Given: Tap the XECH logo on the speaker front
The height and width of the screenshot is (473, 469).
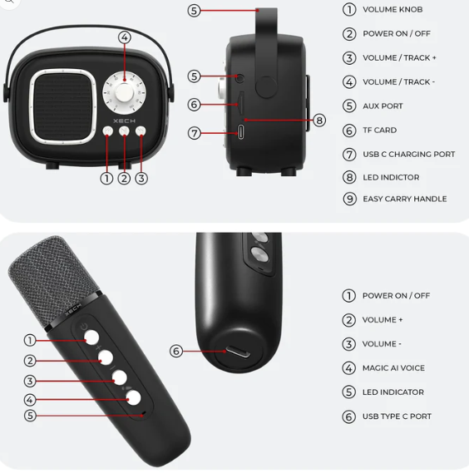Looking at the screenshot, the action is (x=125, y=121).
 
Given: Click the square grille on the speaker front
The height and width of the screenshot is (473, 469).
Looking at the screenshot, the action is (x=63, y=106).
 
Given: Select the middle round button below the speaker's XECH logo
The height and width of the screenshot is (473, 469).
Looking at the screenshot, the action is (x=124, y=131).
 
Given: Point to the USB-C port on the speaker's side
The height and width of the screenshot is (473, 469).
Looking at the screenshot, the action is (x=240, y=132).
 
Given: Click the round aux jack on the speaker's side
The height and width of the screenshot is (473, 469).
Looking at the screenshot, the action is (x=239, y=78).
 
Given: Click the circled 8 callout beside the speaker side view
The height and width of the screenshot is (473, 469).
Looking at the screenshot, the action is (x=319, y=121).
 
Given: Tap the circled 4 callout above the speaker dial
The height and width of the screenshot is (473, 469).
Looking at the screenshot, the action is (x=125, y=37).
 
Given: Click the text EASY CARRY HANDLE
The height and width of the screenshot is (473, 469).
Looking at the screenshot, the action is (x=405, y=200).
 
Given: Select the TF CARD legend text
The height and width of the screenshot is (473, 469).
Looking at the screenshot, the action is (x=380, y=131).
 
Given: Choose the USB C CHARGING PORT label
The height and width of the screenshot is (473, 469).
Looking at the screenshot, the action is (x=408, y=155).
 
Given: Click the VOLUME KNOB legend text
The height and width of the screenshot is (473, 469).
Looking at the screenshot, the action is (x=392, y=10).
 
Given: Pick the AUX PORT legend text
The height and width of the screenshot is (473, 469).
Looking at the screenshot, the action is (x=383, y=106).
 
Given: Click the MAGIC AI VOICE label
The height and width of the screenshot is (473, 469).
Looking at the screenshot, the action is (x=393, y=368).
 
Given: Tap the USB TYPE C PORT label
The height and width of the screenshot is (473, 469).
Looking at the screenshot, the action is (x=397, y=416).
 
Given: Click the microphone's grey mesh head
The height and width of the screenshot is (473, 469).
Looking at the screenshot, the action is (x=53, y=279).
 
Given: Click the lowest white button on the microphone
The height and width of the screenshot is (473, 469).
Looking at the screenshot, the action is (x=133, y=397).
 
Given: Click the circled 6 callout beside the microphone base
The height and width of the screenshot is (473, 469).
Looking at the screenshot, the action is (x=176, y=351).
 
